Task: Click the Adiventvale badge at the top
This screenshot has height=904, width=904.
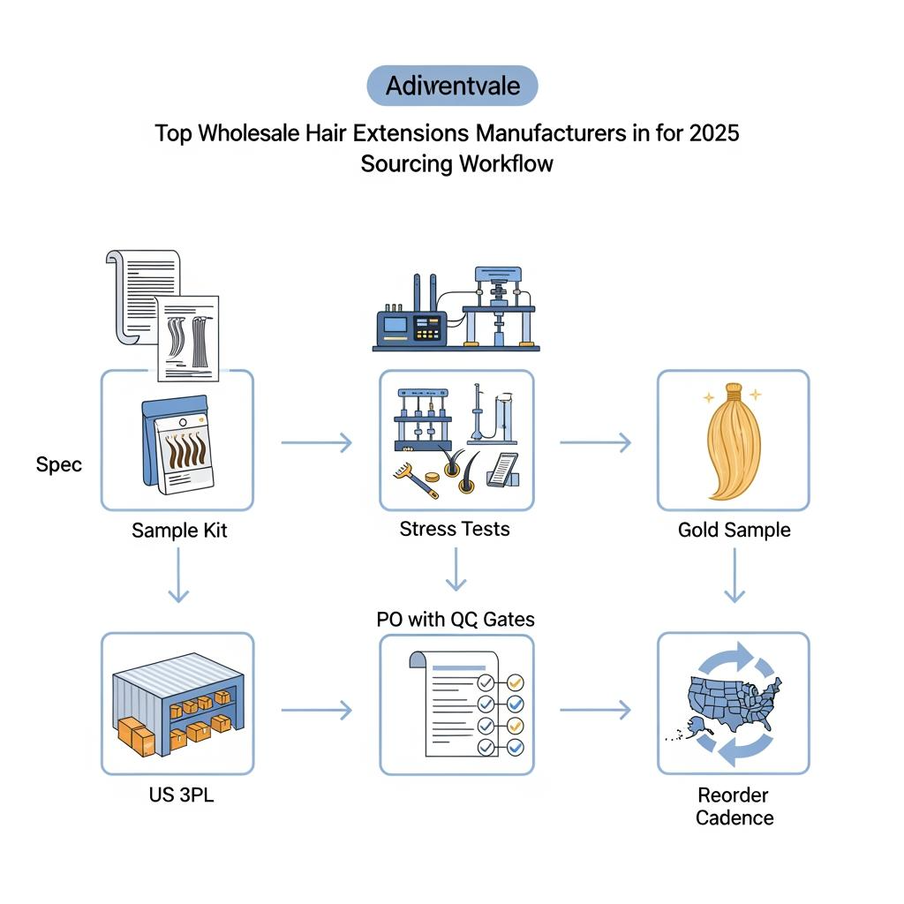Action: (x=451, y=86)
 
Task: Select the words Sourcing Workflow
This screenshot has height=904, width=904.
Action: (x=456, y=164)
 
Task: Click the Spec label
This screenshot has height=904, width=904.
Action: (x=59, y=464)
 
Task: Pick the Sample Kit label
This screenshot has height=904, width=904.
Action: (x=179, y=531)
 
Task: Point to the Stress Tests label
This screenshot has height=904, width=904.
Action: (x=454, y=529)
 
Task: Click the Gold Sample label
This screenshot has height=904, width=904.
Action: (x=734, y=530)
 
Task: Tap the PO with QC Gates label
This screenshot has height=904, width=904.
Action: (x=456, y=619)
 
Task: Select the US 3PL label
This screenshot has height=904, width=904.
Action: (x=181, y=795)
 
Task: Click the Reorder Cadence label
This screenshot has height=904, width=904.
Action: (x=734, y=806)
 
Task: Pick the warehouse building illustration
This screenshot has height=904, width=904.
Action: (x=177, y=704)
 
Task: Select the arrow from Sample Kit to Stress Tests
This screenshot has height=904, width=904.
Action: (x=316, y=441)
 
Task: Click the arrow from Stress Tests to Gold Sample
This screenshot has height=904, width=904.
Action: (x=595, y=441)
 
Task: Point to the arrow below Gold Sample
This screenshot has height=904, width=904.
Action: (x=734, y=576)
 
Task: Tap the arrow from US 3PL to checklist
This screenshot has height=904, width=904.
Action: (x=316, y=709)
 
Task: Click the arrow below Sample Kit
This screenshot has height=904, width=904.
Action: (x=178, y=575)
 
